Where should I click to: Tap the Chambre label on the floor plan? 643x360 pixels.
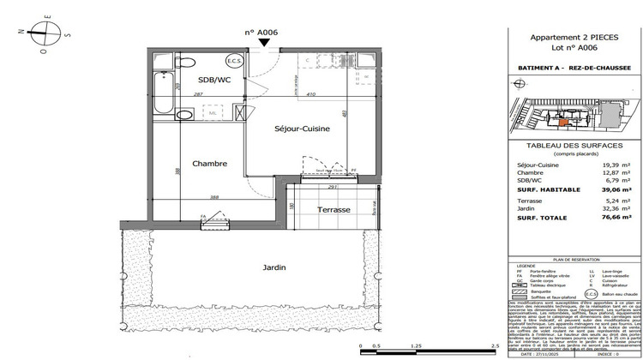click(x=209, y=164)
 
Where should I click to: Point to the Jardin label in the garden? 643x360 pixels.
click(x=274, y=267)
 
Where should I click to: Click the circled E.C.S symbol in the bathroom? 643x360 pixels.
click(x=233, y=63)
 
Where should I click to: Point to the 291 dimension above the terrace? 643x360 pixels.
click(x=331, y=186)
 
